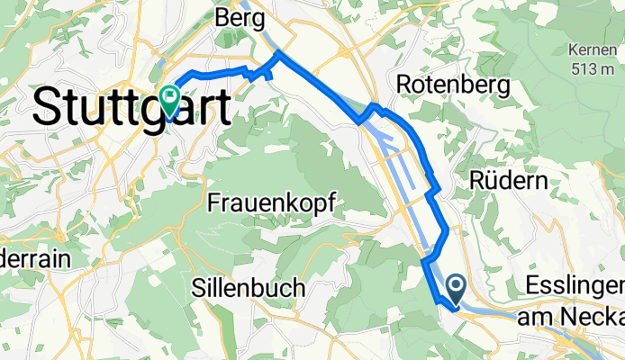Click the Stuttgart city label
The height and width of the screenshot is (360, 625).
(x=131, y=108)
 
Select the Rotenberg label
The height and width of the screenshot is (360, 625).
(x=454, y=85)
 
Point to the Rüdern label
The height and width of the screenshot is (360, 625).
(x=509, y=180)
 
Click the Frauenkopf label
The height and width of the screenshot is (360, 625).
(x=271, y=203)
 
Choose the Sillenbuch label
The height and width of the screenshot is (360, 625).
(x=248, y=288)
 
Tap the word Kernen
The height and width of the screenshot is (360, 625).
(x=591, y=49)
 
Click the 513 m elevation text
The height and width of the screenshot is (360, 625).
(x=590, y=67)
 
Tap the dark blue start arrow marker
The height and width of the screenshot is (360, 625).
(x=455, y=289)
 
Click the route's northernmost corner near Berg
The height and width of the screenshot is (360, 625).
(x=277, y=54)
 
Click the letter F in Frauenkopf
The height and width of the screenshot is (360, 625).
(x=214, y=203)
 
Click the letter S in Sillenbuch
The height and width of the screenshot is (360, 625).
(x=198, y=288)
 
